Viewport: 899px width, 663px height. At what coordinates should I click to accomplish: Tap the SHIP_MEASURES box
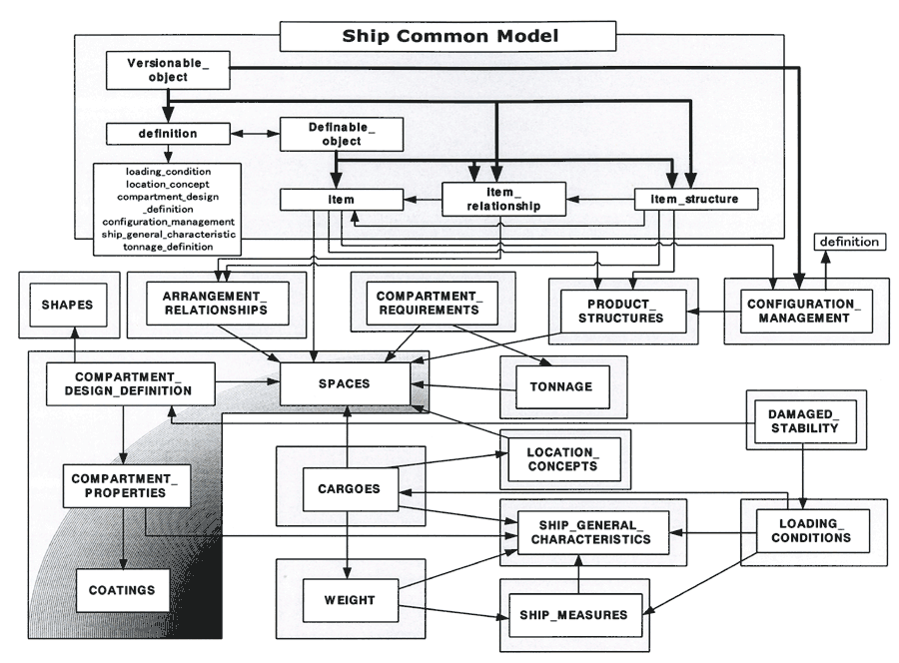click(568, 614)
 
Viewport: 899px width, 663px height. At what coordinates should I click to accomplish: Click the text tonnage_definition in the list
click(169, 246)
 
